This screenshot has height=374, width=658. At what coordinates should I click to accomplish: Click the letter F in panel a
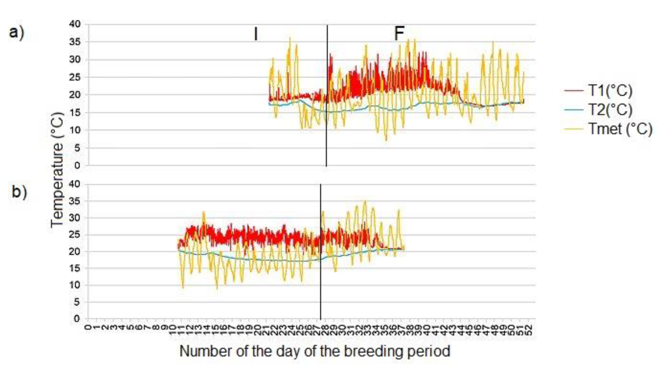pyautogui.click(x=399, y=34)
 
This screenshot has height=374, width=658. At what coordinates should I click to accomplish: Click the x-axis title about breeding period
pyautogui.click(x=314, y=351)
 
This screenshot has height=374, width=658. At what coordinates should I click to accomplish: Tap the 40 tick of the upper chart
pyautogui.click(x=75, y=24)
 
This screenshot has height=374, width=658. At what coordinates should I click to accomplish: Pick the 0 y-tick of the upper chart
pyautogui.click(x=77, y=165)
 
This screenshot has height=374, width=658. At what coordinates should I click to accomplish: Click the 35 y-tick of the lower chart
pyautogui.click(x=75, y=201)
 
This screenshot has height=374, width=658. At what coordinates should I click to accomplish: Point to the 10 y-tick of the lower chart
pyautogui.click(x=75, y=285)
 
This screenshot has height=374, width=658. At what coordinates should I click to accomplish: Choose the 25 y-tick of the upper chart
pyautogui.click(x=75, y=77)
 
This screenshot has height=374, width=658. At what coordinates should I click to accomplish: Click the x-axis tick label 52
pyautogui.click(x=529, y=330)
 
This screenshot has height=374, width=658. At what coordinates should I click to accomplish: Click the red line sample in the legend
pyautogui.click(x=574, y=90)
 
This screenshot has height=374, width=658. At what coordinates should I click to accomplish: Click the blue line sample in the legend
pyautogui.click(x=574, y=110)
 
